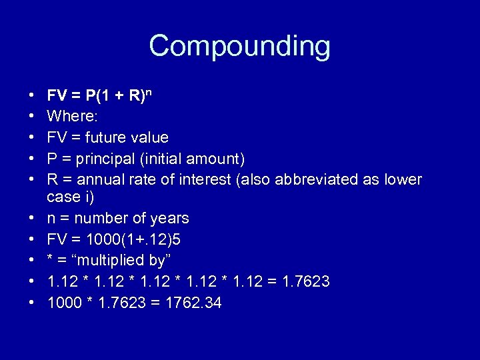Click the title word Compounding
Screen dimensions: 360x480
point(239,47)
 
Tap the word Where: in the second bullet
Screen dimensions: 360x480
point(72,117)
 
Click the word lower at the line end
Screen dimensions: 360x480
point(401,180)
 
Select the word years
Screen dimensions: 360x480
point(169,218)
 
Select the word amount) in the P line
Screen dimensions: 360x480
point(220,159)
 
